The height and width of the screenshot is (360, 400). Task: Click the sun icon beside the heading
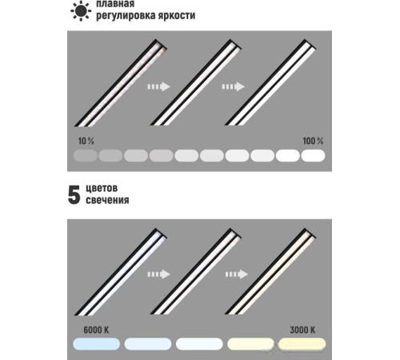(x=81, y=10)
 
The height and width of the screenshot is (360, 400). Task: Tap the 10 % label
(x=86, y=141)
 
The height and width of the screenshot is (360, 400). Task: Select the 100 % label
(x=313, y=141)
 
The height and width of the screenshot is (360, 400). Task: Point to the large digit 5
(x=74, y=195)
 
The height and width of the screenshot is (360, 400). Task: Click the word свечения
(x=107, y=200)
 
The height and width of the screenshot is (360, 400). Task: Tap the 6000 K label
(x=96, y=330)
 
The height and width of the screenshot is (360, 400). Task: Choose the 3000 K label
(x=302, y=330)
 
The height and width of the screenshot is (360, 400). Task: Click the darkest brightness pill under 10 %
(x=86, y=156)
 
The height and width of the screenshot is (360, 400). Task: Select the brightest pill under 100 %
(x=313, y=156)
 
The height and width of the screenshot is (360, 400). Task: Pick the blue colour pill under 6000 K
(x=97, y=344)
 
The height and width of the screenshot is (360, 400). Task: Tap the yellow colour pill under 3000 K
(x=302, y=344)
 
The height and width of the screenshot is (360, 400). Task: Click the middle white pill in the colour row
(x=199, y=344)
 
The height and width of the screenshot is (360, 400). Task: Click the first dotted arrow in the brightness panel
(x=159, y=86)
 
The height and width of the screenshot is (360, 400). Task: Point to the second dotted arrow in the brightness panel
(x=234, y=86)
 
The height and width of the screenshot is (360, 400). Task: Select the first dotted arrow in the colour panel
(x=159, y=274)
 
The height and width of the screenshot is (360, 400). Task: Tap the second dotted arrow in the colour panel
(x=237, y=274)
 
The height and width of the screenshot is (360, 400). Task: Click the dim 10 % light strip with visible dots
(x=121, y=83)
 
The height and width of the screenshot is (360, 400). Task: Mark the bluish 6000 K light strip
(x=121, y=272)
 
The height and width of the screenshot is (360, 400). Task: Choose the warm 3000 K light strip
(x=271, y=271)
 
